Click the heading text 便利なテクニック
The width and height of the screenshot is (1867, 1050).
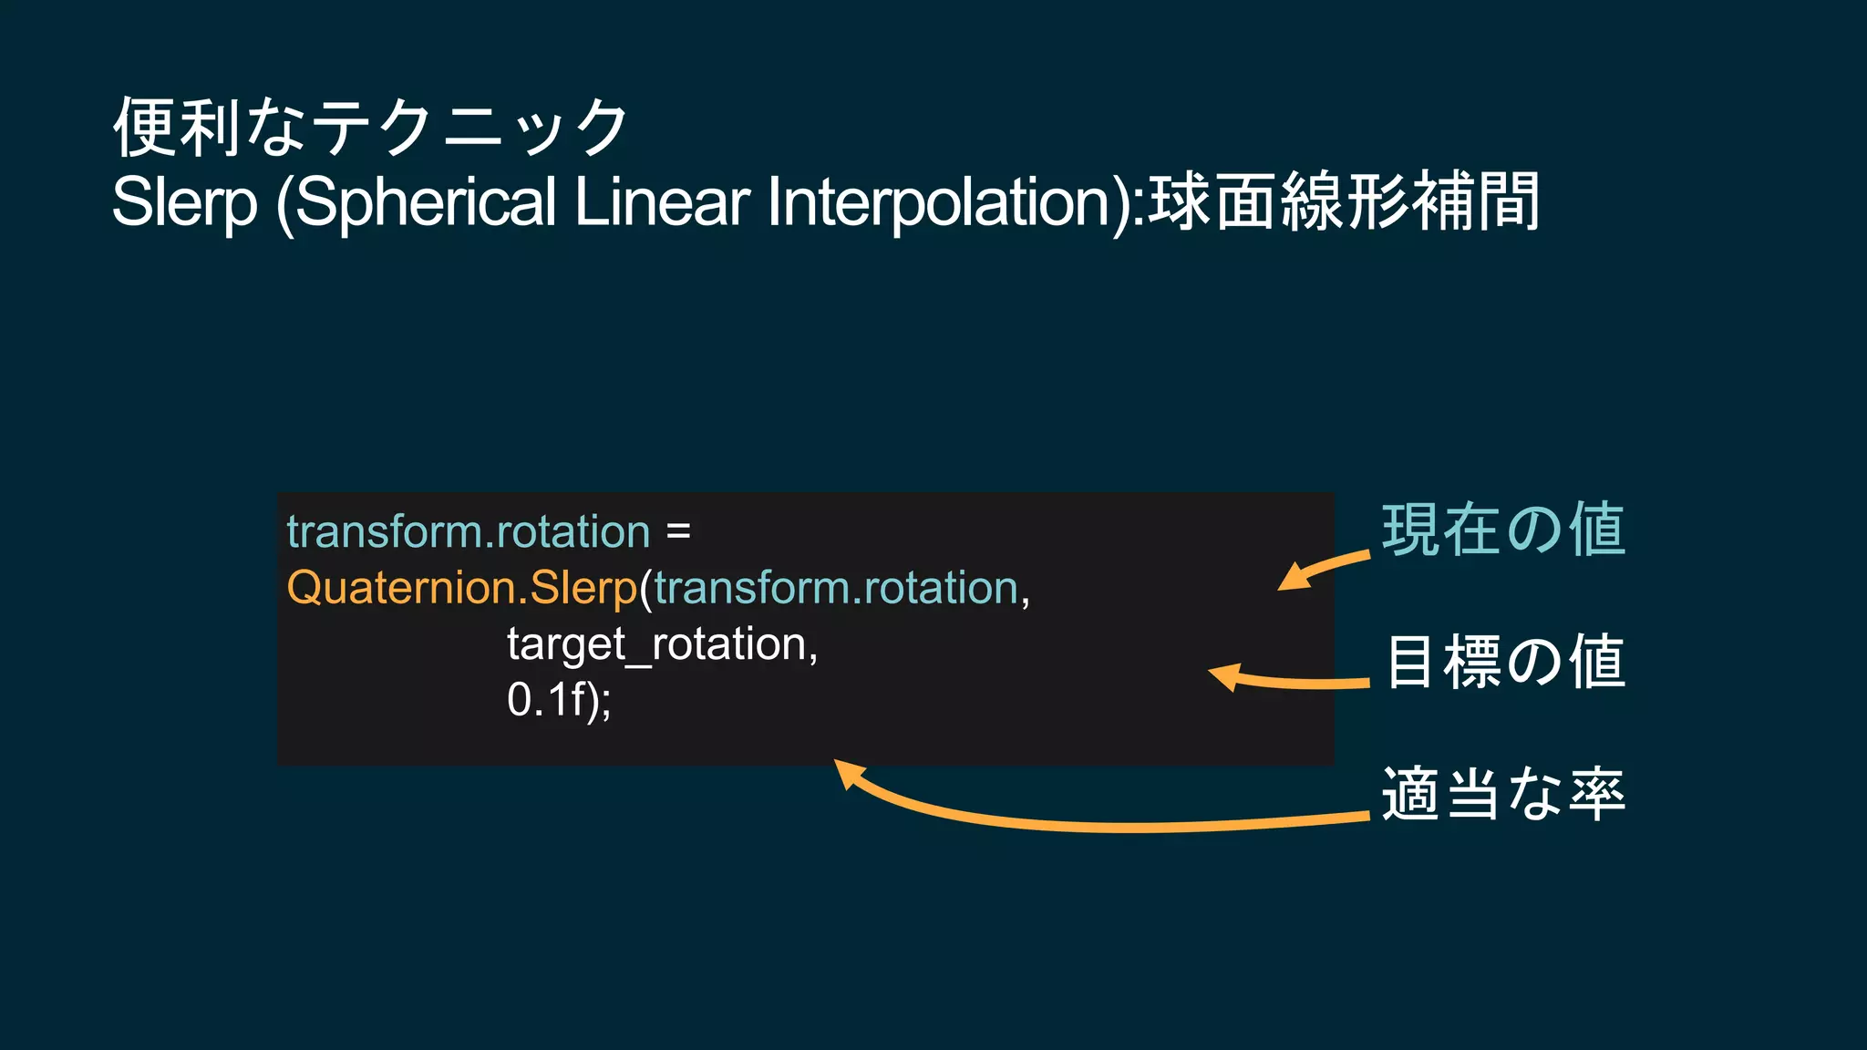(369, 128)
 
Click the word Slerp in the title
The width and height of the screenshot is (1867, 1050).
(184, 202)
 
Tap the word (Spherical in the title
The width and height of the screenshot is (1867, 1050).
(416, 202)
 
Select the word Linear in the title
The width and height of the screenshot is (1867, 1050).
(662, 202)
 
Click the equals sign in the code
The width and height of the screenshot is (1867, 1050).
(678, 531)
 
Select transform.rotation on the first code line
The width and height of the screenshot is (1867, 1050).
(469, 531)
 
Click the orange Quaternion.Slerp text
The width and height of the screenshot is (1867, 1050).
(461, 588)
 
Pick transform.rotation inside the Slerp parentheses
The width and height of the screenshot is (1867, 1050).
(835, 588)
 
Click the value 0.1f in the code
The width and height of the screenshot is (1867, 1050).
(545, 700)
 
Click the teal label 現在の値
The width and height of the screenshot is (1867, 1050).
(1503, 530)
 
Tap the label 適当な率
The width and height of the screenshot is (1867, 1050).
(1503, 794)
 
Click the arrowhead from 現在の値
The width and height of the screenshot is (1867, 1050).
(1293, 579)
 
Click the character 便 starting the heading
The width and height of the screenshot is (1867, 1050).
(143, 128)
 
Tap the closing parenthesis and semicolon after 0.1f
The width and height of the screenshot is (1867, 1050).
(599, 701)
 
